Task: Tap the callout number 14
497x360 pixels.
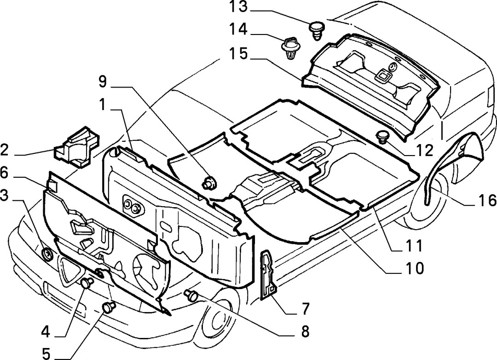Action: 238,30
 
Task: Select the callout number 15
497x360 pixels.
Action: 238,53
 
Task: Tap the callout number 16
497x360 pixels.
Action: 487,200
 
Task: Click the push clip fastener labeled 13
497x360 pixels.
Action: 317,30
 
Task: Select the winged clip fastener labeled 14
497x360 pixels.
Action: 291,48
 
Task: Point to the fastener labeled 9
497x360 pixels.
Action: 209,182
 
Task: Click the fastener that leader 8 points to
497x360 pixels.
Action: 191,295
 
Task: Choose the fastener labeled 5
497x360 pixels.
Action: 109,308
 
